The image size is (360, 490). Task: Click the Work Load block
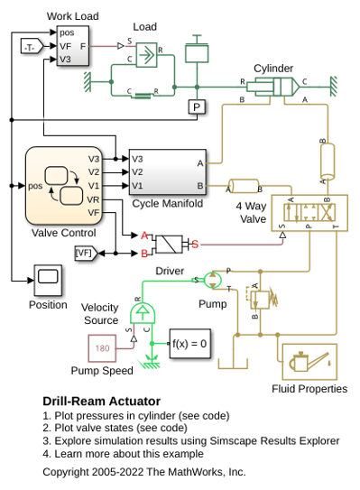(73, 46)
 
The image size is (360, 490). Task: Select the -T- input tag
(32, 46)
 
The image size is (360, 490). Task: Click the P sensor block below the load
(197, 106)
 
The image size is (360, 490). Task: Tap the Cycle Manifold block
(168, 171)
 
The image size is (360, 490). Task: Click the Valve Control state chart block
(64, 186)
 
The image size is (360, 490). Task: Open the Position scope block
(48, 280)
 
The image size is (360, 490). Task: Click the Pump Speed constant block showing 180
(102, 348)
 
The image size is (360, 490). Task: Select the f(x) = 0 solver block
(189, 344)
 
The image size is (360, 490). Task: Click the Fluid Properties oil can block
(309, 362)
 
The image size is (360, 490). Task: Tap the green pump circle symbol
(213, 280)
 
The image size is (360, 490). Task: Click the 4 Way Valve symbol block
(309, 213)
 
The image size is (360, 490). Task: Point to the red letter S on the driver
(195, 244)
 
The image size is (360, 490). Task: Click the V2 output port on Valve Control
(94, 171)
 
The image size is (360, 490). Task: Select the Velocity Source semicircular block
(143, 313)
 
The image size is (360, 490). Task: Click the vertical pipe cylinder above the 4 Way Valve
(328, 162)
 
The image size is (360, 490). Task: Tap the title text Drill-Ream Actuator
(102, 402)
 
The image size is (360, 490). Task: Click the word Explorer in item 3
(319, 441)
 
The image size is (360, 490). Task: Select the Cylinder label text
(273, 69)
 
